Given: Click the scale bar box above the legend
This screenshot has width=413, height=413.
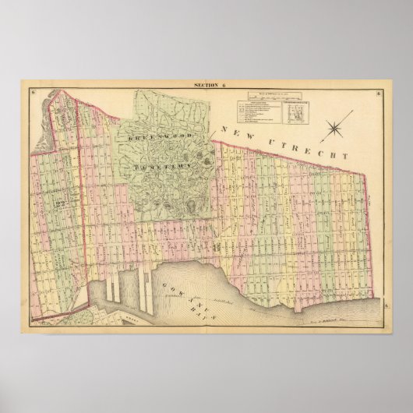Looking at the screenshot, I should [262, 97].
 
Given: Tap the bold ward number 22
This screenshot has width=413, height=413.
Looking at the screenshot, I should [58, 202].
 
